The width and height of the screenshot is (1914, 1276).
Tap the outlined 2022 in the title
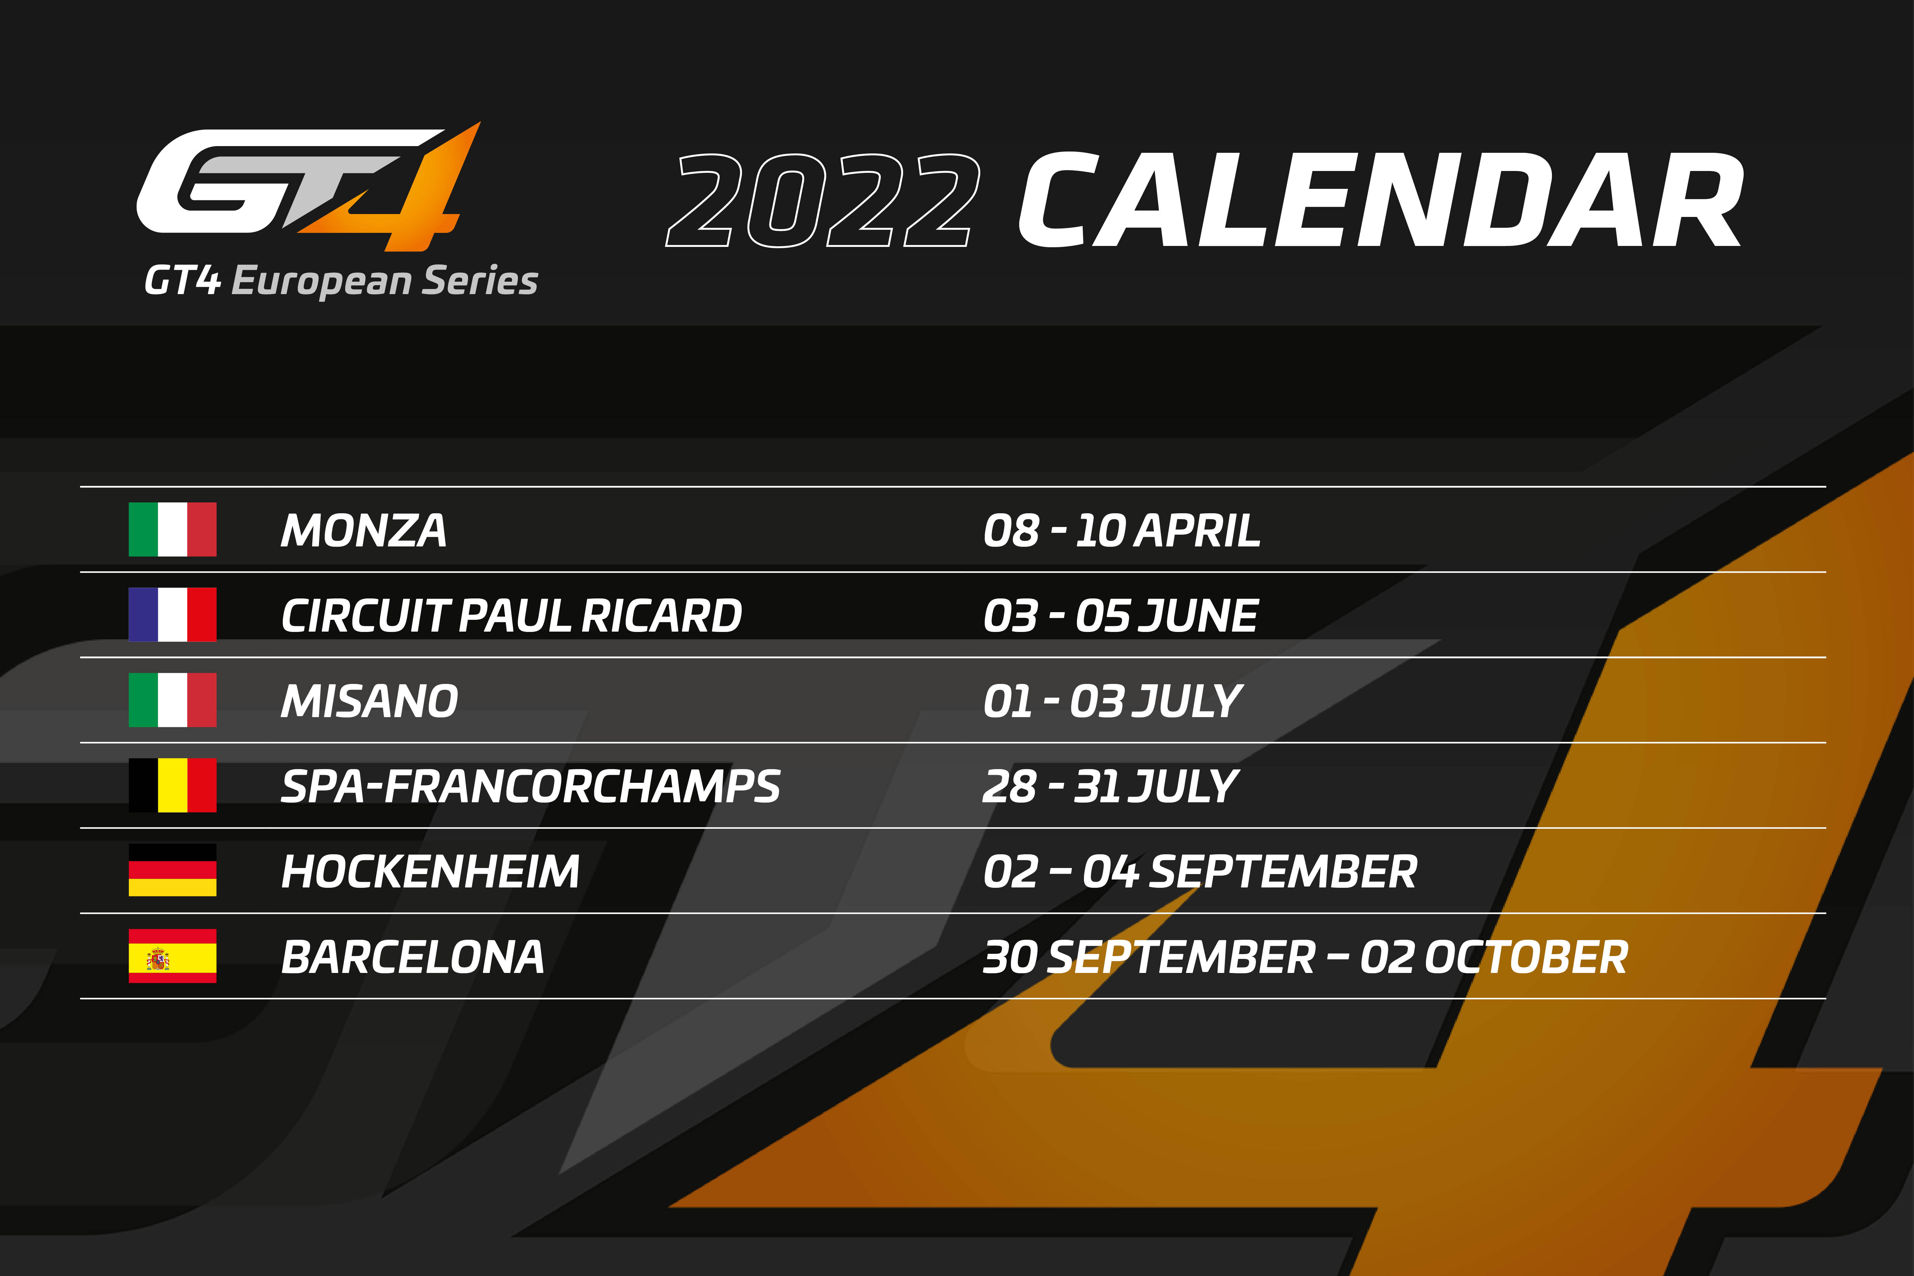tap(822, 201)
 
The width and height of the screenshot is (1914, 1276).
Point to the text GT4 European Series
tap(341, 281)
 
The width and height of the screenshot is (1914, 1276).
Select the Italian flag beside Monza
tap(173, 530)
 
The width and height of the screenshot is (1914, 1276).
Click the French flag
tap(173, 614)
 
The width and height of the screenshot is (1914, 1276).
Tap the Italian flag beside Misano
tap(173, 700)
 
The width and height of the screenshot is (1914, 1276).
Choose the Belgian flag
tap(173, 785)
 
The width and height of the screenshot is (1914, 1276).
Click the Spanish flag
tap(173, 956)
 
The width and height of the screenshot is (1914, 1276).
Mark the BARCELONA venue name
tap(412, 957)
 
